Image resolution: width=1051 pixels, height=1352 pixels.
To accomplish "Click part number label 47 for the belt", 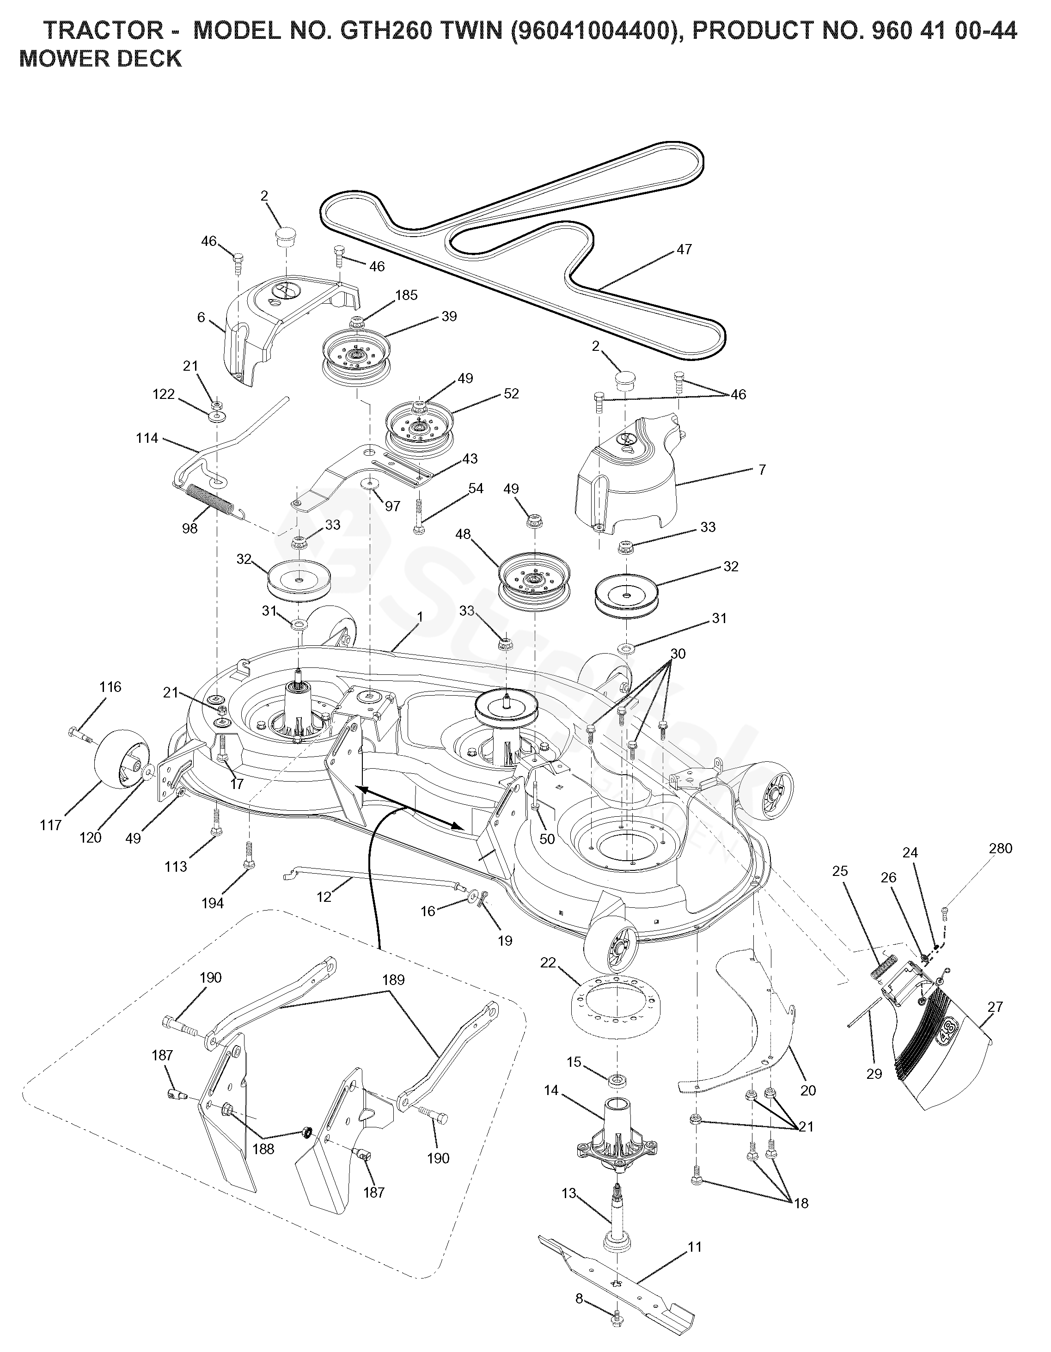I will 684,250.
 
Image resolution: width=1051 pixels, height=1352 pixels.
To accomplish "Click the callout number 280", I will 1001,848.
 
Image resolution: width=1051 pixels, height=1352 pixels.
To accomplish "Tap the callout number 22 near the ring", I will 548,963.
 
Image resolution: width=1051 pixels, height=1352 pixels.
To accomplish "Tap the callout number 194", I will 212,903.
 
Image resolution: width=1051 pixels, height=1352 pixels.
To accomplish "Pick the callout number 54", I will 476,489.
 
